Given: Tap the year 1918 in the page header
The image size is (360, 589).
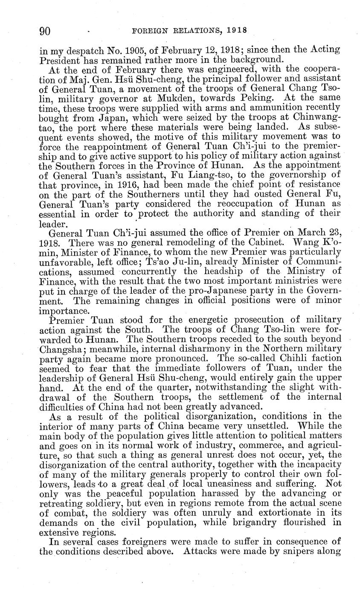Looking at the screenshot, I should [237, 31].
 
